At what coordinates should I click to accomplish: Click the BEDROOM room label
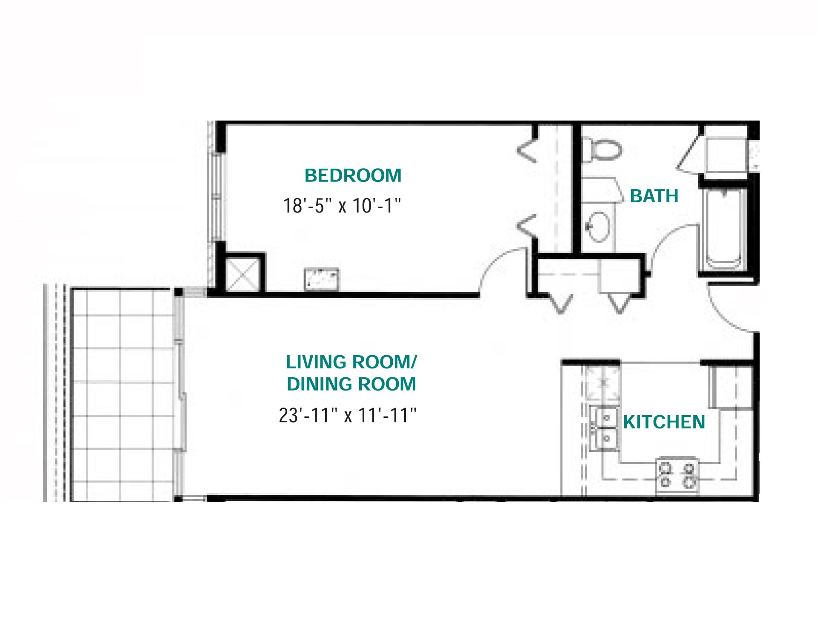click(353, 175)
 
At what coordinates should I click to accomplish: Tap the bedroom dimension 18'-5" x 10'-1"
click(342, 206)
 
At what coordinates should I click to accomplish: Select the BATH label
click(654, 196)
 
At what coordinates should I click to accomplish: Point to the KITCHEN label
click(664, 422)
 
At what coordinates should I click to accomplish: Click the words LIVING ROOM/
click(351, 362)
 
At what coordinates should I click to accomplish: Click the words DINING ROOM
click(351, 384)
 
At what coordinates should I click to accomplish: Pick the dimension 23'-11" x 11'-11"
click(348, 415)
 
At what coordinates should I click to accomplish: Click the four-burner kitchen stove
click(677, 476)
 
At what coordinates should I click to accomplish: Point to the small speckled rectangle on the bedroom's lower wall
click(321, 279)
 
